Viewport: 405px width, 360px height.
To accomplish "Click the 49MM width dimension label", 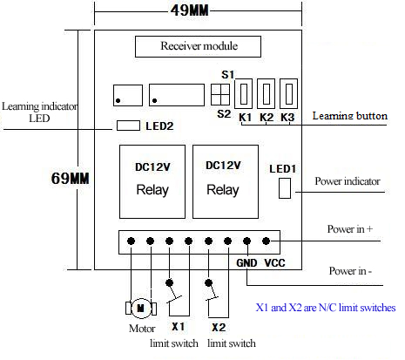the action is [190, 10].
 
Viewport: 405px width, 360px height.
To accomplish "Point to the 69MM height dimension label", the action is [70, 178].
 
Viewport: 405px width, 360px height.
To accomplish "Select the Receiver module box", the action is [198, 46].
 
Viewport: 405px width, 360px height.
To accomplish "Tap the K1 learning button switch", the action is [244, 93].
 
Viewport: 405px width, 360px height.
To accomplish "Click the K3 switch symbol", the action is [288, 93].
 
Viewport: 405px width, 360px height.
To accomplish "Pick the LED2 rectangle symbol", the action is [128, 126].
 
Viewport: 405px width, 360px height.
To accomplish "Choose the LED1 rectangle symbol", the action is [285, 188].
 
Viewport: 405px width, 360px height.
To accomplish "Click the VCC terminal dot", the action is [266, 241].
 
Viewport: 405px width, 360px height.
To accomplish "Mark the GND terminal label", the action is [246, 263].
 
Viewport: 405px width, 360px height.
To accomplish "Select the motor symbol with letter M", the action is [141, 309].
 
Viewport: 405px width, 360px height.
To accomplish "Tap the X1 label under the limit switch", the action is [178, 327].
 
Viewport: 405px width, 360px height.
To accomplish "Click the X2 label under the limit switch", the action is [219, 328].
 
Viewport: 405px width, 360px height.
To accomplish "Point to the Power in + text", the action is [350, 229].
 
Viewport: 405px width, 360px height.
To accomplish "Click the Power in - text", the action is [350, 271].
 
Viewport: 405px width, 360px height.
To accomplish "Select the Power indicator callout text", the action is [348, 181].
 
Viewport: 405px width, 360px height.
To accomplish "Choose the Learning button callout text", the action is [350, 116].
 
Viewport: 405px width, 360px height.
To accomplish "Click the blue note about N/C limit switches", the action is [326, 308].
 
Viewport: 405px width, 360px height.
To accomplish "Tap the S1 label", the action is [227, 75].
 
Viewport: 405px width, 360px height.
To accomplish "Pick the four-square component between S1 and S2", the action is [220, 95].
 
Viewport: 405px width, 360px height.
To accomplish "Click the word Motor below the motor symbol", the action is [142, 329].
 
